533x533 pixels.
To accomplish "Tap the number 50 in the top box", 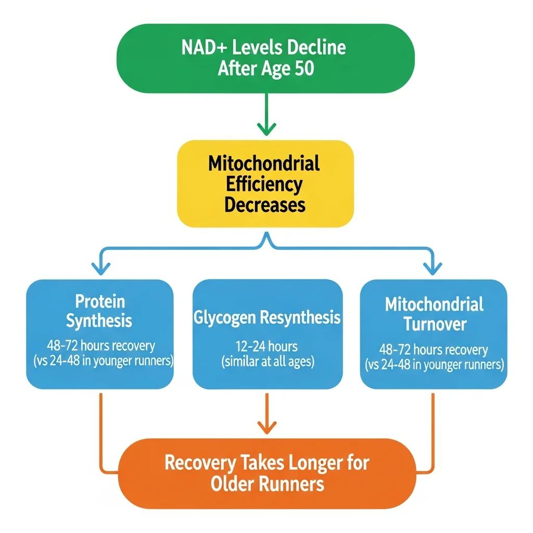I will click(304, 68).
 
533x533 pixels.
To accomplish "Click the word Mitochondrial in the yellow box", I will click(264, 164).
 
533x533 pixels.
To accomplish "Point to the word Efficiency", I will click(264, 184).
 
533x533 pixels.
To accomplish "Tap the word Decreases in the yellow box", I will click(264, 205).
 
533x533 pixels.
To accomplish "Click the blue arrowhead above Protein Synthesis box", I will click(100, 268).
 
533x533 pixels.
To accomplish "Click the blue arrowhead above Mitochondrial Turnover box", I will click(432, 268).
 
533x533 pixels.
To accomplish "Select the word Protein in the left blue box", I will click(100, 301).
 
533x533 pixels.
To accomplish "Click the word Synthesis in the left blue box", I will click(99, 321).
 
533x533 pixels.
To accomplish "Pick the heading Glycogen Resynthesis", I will click(267, 318).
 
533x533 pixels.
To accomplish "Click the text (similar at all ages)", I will click(268, 362).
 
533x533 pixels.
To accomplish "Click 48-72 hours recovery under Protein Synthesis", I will click(99, 346).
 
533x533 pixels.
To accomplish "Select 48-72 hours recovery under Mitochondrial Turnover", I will click(433, 350).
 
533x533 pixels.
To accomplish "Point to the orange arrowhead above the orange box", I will click(266, 428).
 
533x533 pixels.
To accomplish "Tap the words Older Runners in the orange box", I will click(268, 484).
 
